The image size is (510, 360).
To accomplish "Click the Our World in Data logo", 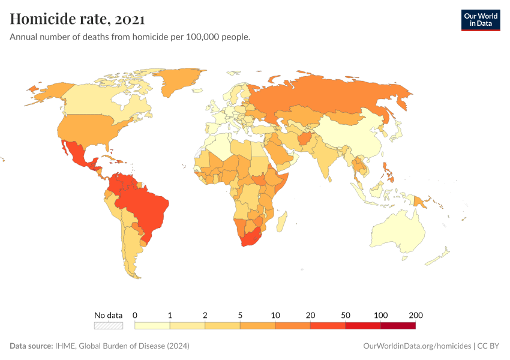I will click(x=480, y=20).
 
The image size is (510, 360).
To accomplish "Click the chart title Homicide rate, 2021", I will click(x=77, y=19).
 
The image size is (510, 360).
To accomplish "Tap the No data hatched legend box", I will click(x=109, y=326).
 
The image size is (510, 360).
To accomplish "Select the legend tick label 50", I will click(x=346, y=315).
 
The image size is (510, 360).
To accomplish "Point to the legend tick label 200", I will click(x=416, y=315).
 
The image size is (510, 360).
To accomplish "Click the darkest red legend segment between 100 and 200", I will click(x=398, y=326).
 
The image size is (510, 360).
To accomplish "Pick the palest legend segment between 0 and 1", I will click(x=152, y=326).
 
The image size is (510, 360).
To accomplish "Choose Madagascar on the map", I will click(x=281, y=222).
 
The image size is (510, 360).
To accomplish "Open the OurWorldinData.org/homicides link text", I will click(x=418, y=346).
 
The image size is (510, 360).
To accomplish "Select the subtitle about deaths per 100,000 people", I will click(x=130, y=37).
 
